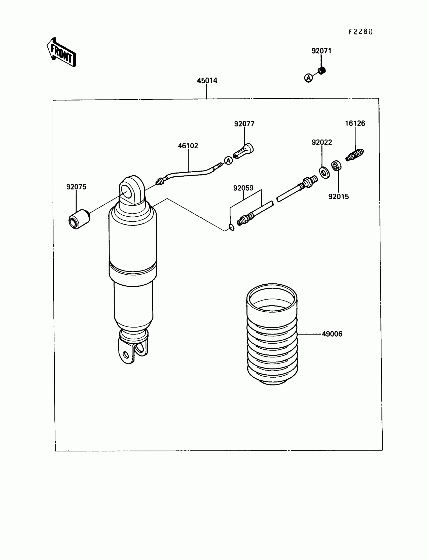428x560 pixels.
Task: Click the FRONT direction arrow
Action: (x=61, y=52)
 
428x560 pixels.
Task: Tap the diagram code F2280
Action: (x=360, y=32)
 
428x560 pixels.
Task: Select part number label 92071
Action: (x=321, y=51)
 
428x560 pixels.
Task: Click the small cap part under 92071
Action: (x=322, y=70)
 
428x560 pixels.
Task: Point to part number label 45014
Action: (x=207, y=81)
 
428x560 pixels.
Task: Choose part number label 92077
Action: (x=244, y=124)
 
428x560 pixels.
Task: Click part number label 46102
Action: (x=188, y=146)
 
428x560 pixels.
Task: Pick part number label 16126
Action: (x=355, y=123)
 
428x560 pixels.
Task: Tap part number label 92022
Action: (x=322, y=142)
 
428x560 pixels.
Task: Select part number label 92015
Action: (x=338, y=196)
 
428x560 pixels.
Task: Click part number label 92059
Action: (x=243, y=188)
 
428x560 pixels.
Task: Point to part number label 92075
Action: (x=76, y=187)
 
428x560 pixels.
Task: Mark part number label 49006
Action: (x=332, y=334)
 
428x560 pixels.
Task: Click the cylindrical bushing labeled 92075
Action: (x=79, y=219)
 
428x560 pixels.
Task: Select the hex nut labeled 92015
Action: (x=336, y=166)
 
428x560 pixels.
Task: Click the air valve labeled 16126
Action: (x=355, y=155)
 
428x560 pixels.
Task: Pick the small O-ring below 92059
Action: (x=232, y=227)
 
